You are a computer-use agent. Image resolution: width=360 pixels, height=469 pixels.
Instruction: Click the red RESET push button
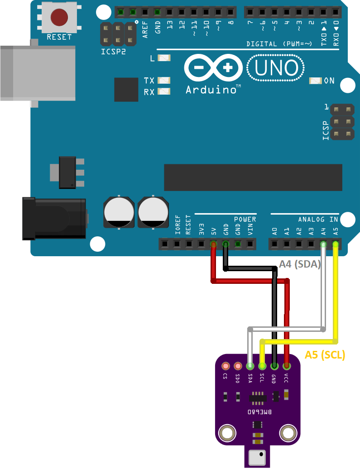tap(59, 17)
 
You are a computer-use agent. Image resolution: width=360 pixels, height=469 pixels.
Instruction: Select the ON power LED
tap(315, 81)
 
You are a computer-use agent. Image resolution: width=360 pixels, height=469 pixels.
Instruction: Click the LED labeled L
tap(164, 58)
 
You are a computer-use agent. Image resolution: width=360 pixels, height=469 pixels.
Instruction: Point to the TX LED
tap(163, 80)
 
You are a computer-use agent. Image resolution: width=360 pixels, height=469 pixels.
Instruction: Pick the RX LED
tap(163, 91)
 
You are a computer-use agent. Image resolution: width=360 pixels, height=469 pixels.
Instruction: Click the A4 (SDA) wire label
tap(300, 264)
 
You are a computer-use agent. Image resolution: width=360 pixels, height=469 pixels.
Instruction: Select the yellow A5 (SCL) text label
tap(325, 355)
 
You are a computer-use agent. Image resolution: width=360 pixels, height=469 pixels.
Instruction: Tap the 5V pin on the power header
tap(213, 244)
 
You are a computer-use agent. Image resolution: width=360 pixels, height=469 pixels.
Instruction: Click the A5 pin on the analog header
tap(336, 244)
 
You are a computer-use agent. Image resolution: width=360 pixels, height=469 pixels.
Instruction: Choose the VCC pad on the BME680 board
tap(286, 366)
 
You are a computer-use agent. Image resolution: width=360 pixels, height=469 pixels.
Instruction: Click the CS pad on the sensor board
tap(225, 366)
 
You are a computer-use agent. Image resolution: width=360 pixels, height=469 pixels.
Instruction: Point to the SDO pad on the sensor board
tap(237, 366)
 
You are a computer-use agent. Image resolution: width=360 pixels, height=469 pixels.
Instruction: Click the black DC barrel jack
tap(54, 219)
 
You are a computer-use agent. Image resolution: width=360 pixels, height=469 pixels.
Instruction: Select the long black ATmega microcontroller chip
tap(253, 177)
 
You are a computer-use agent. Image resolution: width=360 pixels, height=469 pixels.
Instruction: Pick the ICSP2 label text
tap(113, 52)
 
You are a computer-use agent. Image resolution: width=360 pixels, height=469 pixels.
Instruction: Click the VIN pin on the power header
tap(250, 244)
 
